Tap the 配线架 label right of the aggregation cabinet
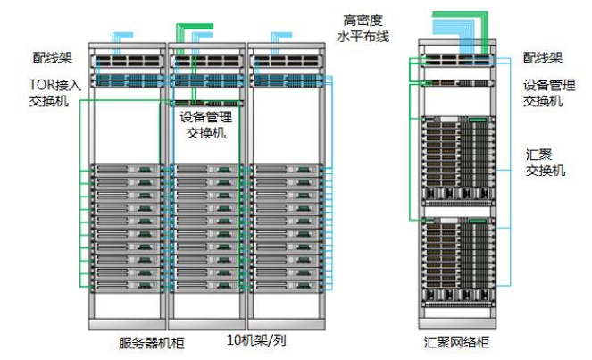pyautogui.click(x=543, y=58)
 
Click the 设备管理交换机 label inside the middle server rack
pyautogui.click(x=204, y=125)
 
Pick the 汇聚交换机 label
pyautogui.click(x=544, y=162)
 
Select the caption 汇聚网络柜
pyautogui.click(x=455, y=343)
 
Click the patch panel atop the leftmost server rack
pyautogui.click(x=127, y=63)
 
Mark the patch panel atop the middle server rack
pyautogui.click(x=205, y=63)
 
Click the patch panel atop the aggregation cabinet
pyautogui.click(x=457, y=62)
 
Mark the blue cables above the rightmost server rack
pyautogui.click(x=279, y=37)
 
